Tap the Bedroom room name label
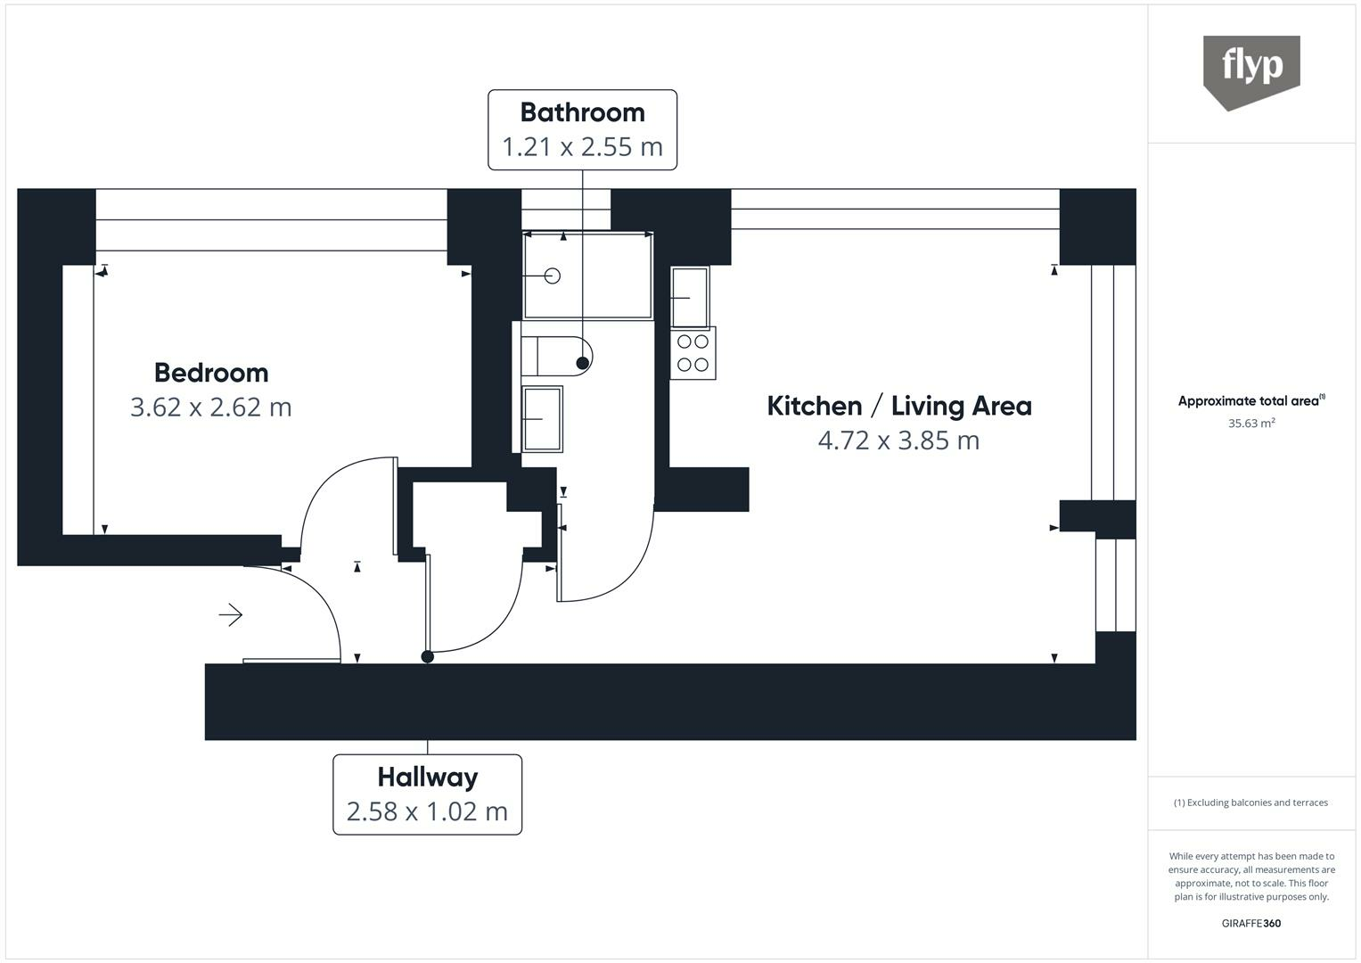(x=211, y=373)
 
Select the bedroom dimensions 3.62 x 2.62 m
(x=211, y=407)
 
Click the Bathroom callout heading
(x=582, y=112)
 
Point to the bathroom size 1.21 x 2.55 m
(x=582, y=146)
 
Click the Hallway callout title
(x=427, y=778)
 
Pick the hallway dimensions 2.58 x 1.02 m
(x=427, y=811)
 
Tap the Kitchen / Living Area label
(x=898, y=407)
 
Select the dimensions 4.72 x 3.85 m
(x=898, y=440)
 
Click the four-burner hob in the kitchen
(x=693, y=353)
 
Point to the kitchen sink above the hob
(x=690, y=297)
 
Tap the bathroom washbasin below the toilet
(x=542, y=418)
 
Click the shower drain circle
(x=552, y=276)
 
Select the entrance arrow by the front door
(x=231, y=614)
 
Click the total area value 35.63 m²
(x=1251, y=424)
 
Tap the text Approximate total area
(x=1250, y=401)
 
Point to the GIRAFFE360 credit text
(x=1251, y=923)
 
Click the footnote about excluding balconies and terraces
(x=1251, y=802)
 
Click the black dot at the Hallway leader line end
(x=428, y=657)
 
